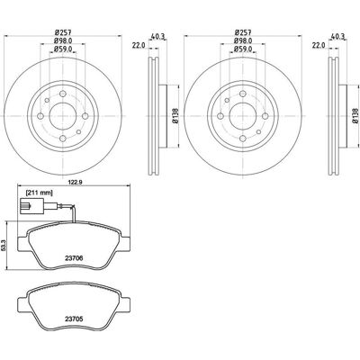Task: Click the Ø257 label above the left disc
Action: point(62,32)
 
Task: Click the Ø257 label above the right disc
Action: point(242,32)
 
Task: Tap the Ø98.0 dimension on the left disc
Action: point(63,40)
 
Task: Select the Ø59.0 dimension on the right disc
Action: point(243,49)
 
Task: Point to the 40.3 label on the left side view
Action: point(158,36)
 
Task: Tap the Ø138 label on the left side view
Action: point(175,116)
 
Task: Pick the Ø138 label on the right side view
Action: point(355,116)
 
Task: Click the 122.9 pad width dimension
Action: point(73,181)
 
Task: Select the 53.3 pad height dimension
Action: point(4,245)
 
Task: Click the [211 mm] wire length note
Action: point(40,193)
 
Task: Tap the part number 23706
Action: point(74,257)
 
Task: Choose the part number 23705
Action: point(74,319)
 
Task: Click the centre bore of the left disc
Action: point(63,116)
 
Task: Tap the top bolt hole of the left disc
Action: point(63,94)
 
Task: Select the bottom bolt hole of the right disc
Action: point(243,139)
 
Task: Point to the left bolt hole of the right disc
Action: point(220,116)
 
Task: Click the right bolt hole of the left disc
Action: point(85,116)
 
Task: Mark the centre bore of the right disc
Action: point(243,116)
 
